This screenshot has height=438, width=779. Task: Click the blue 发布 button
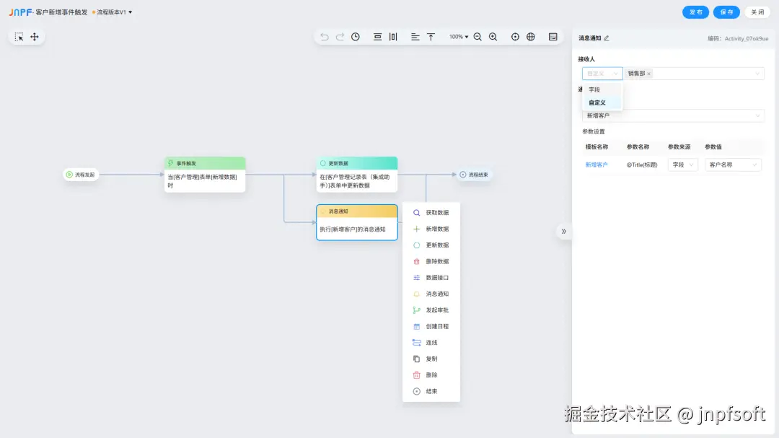695,12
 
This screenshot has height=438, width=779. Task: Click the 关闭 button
757,12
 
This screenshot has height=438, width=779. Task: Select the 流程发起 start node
81,174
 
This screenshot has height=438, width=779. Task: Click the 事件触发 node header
205,163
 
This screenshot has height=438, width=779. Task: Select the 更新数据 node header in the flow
357,163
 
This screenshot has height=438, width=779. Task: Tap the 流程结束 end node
474,174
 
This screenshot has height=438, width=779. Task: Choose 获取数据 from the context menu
436,213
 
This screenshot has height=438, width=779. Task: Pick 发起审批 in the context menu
436,310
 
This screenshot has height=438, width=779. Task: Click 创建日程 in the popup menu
436,326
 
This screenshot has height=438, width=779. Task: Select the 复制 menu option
431,359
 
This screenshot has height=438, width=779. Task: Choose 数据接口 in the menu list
436,278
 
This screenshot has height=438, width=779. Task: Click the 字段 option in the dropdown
594,89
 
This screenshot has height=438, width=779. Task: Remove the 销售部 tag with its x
648,74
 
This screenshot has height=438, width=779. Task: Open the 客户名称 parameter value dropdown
733,165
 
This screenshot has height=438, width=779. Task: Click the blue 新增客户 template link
597,165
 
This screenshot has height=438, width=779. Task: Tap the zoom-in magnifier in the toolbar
493,37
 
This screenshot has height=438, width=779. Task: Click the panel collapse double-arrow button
563,231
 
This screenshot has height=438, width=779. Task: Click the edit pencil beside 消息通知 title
607,38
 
